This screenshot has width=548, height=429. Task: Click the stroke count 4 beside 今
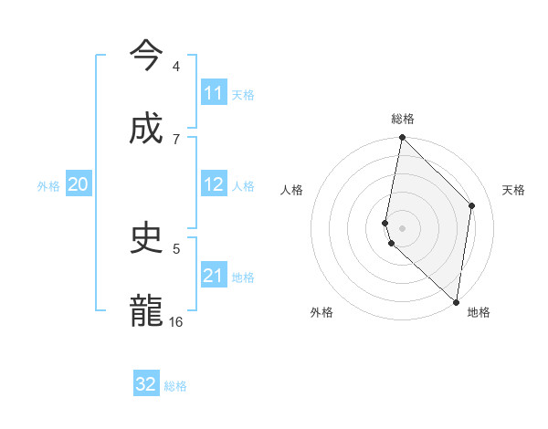(x=176, y=67)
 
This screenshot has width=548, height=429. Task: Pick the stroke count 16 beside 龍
(x=176, y=321)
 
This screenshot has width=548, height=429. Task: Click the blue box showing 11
(x=214, y=93)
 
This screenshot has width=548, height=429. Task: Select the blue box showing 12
(x=214, y=184)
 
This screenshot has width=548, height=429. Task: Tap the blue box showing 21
(x=214, y=276)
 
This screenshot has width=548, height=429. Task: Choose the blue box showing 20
(x=79, y=184)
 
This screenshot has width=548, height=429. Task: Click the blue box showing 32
(x=146, y=384)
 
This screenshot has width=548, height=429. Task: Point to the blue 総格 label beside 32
(x=175, y=386)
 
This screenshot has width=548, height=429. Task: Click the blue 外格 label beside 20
(x=48, y=186)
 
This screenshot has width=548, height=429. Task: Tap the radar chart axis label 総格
(x=403, y=120)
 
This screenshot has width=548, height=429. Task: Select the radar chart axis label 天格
(x=514, y=190)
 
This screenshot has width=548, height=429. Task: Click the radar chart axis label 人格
(x=292, y=190)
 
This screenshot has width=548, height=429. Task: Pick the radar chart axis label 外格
(x=321, y=312)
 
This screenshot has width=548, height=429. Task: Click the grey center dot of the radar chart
(x=403, y=227)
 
